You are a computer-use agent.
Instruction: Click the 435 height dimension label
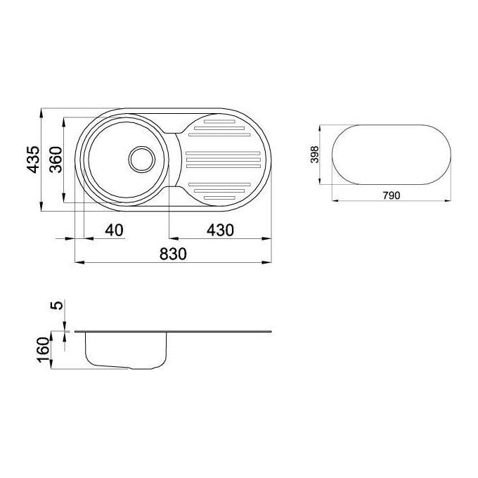pyautogui.click(x=33, y=160)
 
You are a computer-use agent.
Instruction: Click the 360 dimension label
pyautogui.click(x=56, y=160)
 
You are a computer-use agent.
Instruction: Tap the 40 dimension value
pyautogui.click(x=115, y=230)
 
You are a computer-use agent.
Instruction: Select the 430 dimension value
pyautogui.click(x=220, y=230)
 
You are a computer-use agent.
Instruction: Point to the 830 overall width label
pyautogui.click(x=173, y=254)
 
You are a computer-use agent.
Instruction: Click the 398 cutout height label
pyautogui.click(x=315, y=155)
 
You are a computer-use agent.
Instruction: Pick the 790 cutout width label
pyautogui.click(x=392, y=195)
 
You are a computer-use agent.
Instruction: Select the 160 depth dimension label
pyautogui.click(x=44, y=350)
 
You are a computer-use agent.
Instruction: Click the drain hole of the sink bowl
pyautogui.click(x=142, y=159)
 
